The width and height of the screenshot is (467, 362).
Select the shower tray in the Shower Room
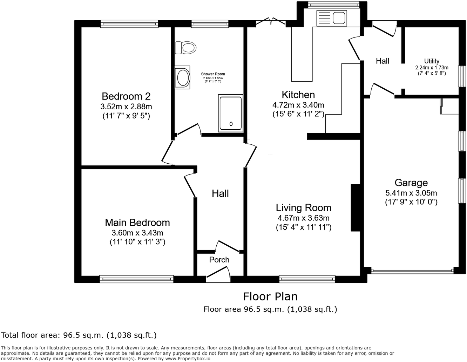(x=230, y=113)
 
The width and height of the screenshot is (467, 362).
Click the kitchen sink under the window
(x=331, y=18)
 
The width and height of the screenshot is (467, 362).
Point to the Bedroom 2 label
(x=126, y=96)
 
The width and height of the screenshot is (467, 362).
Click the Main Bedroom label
(x=137, y=223)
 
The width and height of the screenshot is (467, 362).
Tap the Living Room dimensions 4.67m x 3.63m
(x=303, y=218)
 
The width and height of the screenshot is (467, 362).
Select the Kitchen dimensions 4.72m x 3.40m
(x=298, y=104)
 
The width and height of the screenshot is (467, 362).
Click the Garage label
(x=411, y=183)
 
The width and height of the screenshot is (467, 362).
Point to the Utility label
(x=432, y=61)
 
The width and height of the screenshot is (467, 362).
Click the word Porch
(x=219, y=260)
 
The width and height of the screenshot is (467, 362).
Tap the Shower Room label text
(x=213, y=74)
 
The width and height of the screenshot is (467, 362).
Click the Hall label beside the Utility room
(x=383, y=61)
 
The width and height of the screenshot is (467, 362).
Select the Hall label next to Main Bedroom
(x=220, y=193)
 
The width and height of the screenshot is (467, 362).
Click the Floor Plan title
(x=270, y=296)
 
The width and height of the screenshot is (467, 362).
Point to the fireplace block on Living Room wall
(x=356, y=207)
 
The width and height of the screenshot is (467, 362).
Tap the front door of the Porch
(x=218, y=274)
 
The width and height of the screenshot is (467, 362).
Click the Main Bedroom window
(x=136, y=279)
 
